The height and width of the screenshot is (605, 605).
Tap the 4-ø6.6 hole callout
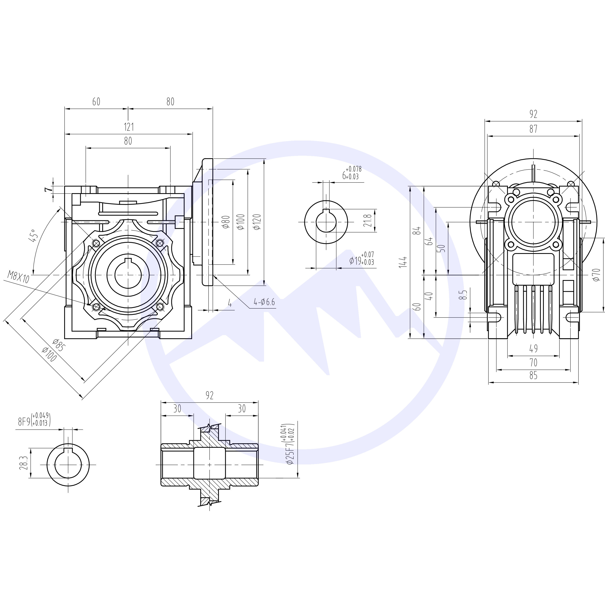(x=264, y=302)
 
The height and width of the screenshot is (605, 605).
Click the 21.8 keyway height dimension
(x=368, y=220)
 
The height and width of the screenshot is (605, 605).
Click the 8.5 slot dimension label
(x=465, y=295)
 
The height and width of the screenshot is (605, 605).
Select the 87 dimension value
(x=533, y=129)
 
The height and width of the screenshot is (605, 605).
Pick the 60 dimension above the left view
(x=96, y=102)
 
